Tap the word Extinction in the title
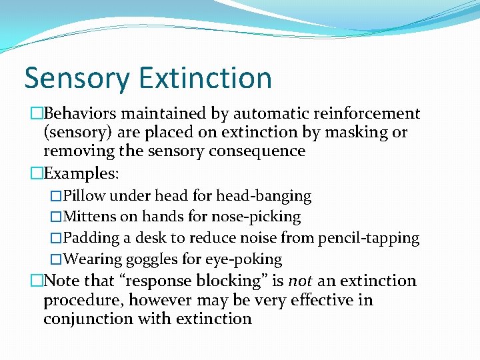(x=205, y=78)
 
